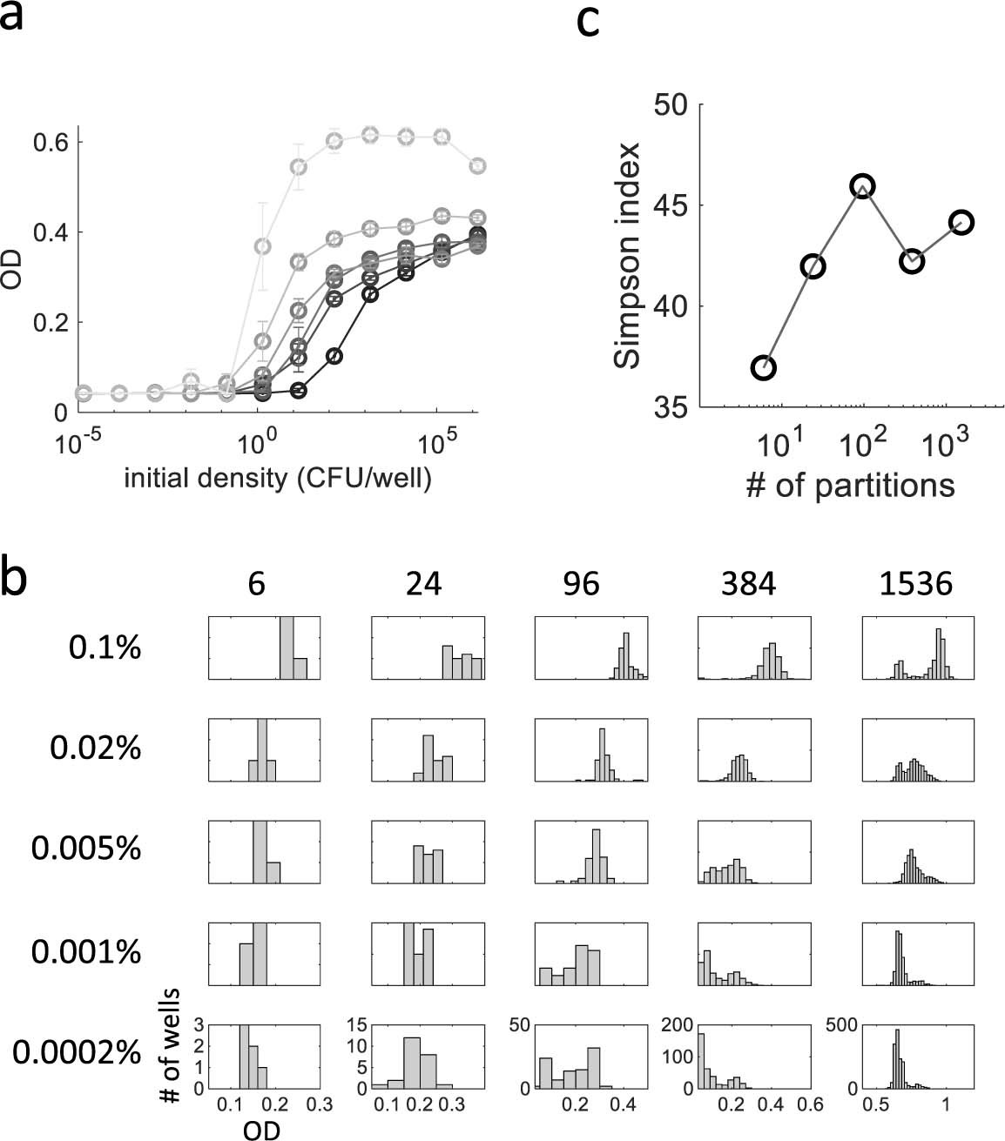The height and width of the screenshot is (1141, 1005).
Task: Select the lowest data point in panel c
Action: pyautogui.click(x=763, y=367)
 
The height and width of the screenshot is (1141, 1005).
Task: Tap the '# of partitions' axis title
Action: pyautogui.click(x=850, y=484)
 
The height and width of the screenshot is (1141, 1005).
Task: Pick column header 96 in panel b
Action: pyautogui.click(x=581, y=584)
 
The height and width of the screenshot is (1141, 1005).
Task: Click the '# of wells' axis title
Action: pyautogui.click(x=172, y=1044)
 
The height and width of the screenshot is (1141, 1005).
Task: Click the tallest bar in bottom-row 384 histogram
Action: pyautogui.click(x=702, y=1061)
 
